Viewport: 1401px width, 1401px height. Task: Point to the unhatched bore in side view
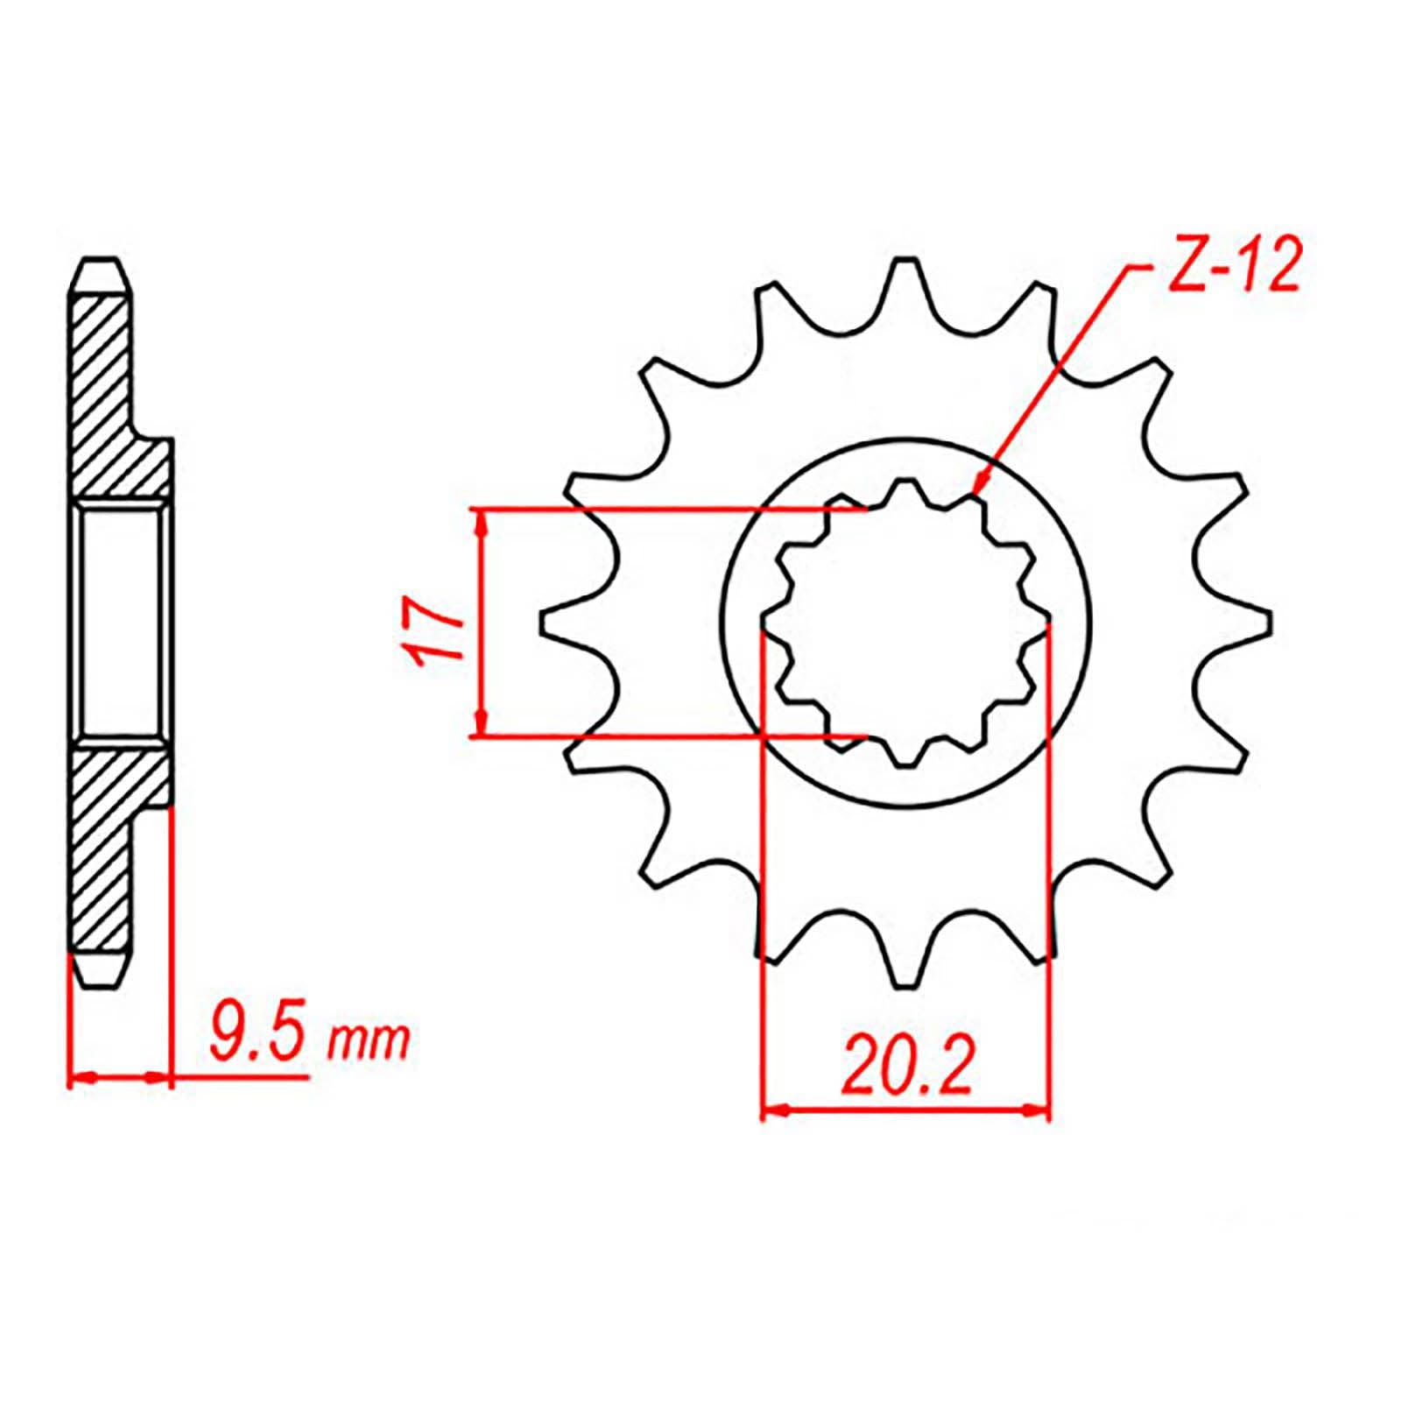(121, 623)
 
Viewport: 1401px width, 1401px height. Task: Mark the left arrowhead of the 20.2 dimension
(771, 1112)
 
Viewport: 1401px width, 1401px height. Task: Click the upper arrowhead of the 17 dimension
(481, 520)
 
